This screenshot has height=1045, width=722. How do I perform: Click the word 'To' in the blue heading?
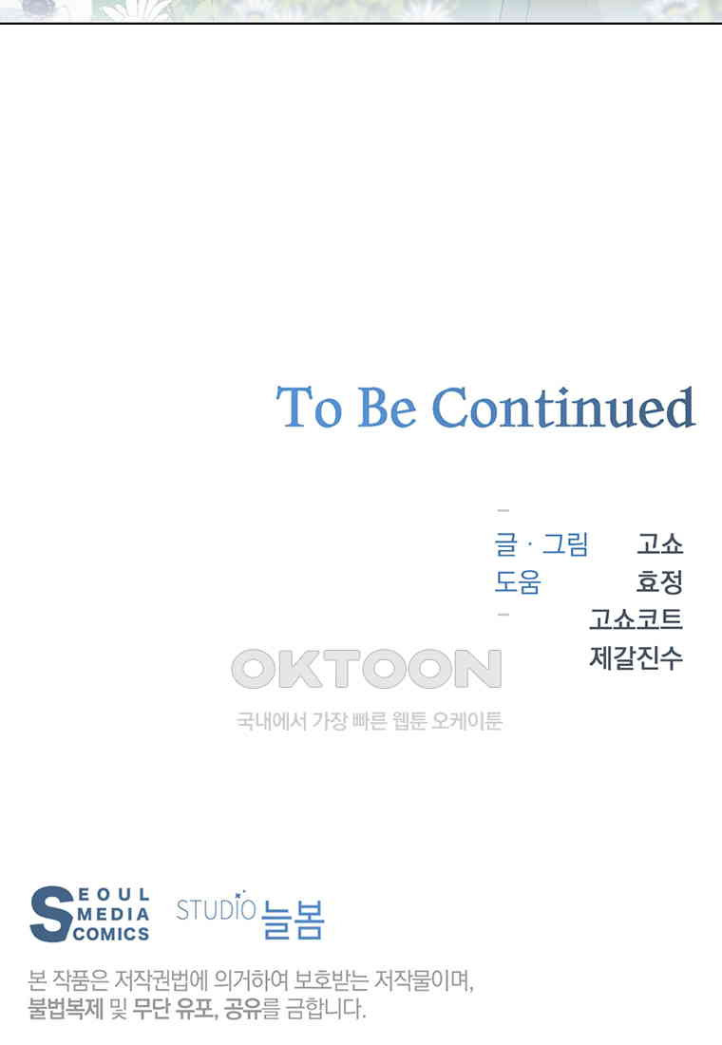(310, 408)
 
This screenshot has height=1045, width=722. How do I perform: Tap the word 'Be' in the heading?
(388, 408)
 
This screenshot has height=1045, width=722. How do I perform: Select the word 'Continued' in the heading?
(564, 408)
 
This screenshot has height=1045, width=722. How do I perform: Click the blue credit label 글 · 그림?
(541, 543)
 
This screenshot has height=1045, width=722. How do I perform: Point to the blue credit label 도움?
(518, 581)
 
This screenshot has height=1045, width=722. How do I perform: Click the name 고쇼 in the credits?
(660, 543)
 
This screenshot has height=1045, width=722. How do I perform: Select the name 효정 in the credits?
(660, 581)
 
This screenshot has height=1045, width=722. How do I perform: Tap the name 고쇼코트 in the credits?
(636, 619)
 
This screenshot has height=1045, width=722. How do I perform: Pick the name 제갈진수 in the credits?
(636, 657)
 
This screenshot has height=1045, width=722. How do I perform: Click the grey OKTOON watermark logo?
(367, 669)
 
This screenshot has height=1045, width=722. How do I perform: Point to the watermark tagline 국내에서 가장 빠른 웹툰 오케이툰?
(370, 720)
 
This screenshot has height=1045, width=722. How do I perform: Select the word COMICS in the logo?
(111, 934)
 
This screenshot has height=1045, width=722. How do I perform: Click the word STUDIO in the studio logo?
(216, 910)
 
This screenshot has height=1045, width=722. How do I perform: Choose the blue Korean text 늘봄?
(293, 920)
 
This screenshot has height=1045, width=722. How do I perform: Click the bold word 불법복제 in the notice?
(66, 1008)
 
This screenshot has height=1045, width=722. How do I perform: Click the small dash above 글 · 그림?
(503, 510)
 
